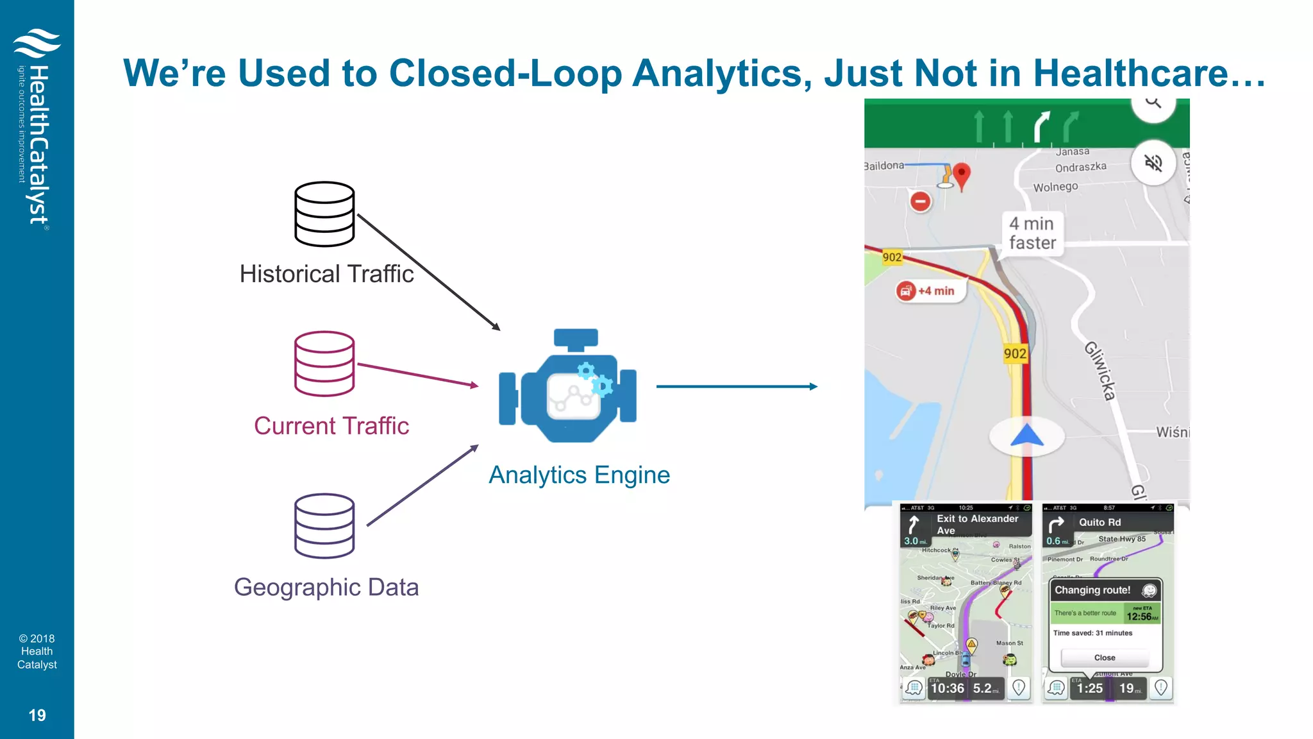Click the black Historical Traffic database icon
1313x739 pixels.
324,214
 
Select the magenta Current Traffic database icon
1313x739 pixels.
324,364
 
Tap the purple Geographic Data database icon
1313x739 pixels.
324,525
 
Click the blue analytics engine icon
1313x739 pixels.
568,386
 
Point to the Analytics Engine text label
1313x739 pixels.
579,475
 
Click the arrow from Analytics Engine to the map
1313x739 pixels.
737,386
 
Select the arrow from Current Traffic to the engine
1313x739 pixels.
417,375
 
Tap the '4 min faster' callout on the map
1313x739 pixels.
1032,234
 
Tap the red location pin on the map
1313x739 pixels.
961,174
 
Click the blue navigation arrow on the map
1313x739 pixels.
1027,436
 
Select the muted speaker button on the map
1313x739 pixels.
1153,163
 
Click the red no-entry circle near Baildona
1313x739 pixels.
921,201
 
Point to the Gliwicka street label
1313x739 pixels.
1100,371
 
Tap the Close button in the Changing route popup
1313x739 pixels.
1105,658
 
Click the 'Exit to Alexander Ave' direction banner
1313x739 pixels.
968,524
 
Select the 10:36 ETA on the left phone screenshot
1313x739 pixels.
947,688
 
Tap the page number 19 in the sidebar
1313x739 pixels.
37,715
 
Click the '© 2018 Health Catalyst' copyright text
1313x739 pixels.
37,651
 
